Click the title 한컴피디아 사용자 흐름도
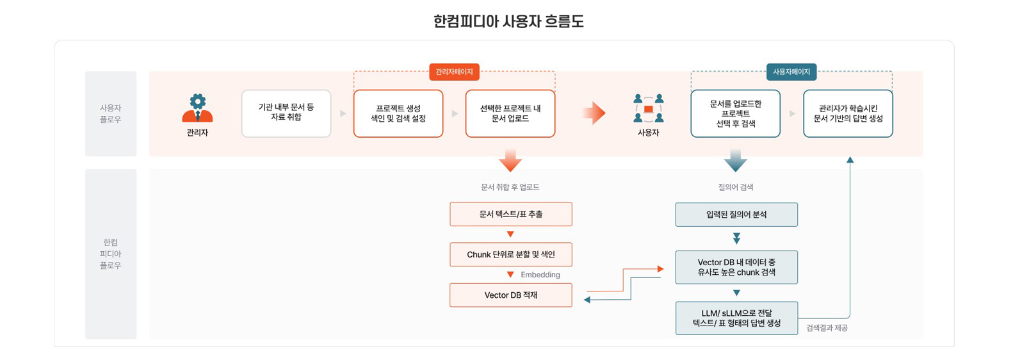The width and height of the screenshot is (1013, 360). [508, 22]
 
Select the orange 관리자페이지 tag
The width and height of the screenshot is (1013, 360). [454, 72]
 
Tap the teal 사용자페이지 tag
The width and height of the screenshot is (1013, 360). [791, 72]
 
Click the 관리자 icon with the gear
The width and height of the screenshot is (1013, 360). [197, 108]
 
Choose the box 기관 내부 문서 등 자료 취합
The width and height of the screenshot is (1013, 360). [286, 113]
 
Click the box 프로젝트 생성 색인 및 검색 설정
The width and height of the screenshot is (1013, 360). [398, 113]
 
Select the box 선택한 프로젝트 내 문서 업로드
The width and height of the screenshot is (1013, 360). [510, 113]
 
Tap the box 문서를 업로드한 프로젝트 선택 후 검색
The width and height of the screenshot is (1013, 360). [735, 113]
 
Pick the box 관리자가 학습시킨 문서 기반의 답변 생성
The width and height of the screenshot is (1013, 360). [848, 113]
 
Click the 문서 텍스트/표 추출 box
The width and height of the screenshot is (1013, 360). [510, 214]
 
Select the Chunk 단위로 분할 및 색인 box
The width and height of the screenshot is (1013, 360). [510, 254]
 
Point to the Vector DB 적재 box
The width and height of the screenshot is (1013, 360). [510, 295]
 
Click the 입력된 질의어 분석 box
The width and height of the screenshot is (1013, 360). [736, 215]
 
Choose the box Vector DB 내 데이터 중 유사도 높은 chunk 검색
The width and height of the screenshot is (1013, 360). [736, 267]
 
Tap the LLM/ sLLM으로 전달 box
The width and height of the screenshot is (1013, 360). [736, 318]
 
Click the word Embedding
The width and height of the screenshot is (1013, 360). [540, 275]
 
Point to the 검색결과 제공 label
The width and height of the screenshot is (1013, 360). [827, 328]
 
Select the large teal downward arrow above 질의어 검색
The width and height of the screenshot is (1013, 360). [735, 160]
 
